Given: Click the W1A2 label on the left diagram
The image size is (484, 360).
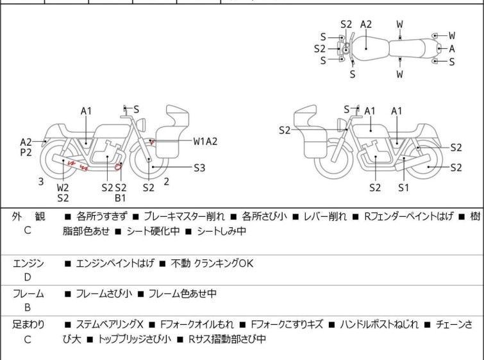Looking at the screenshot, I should coord(206,141).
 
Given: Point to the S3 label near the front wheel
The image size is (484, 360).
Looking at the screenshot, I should coord(199,168).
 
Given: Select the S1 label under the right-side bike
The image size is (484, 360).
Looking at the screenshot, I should coord(403,187).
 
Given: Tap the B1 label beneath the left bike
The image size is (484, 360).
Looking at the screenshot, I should coord(121,198).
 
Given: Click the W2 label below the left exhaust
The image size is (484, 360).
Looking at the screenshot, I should coord(63,187).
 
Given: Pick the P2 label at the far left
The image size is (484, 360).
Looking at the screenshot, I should coord(26,153).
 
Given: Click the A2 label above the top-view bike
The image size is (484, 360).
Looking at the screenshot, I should coord(365,24).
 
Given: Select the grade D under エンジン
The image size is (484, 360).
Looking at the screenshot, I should coord(27,277).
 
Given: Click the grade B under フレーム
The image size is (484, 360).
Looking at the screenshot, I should coord(27,307).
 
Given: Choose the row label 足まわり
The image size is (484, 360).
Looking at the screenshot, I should coord(28,325).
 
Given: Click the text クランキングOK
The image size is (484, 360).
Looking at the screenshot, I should coord(232,263).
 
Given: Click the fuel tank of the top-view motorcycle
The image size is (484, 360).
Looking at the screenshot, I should coord(367,47).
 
